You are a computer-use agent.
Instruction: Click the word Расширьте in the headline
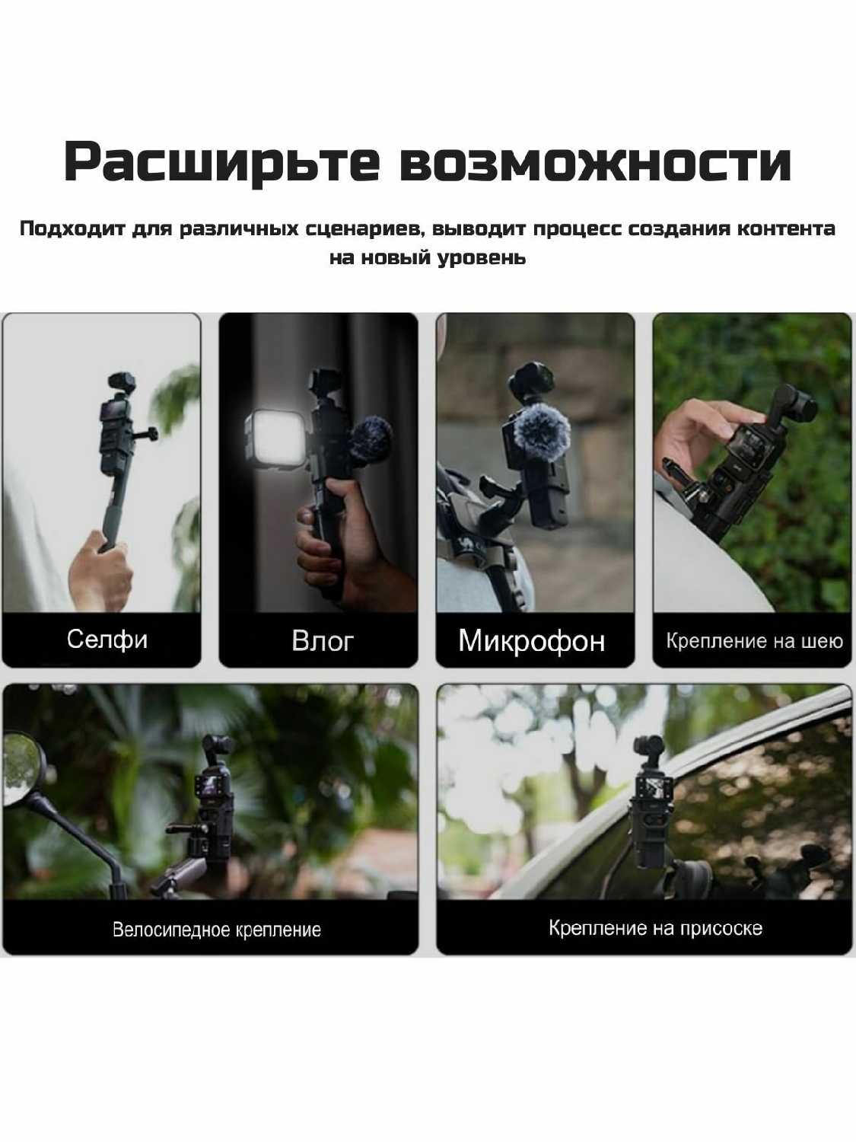(221, 162)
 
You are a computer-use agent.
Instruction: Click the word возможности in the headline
(596, 162)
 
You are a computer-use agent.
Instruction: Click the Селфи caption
(107, 640)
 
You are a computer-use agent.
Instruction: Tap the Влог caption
(322, 640)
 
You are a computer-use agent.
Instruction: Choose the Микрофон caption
(532, 640)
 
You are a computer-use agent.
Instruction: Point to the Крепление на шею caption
(754, 641)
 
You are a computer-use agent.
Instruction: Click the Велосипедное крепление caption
(217, 930)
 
